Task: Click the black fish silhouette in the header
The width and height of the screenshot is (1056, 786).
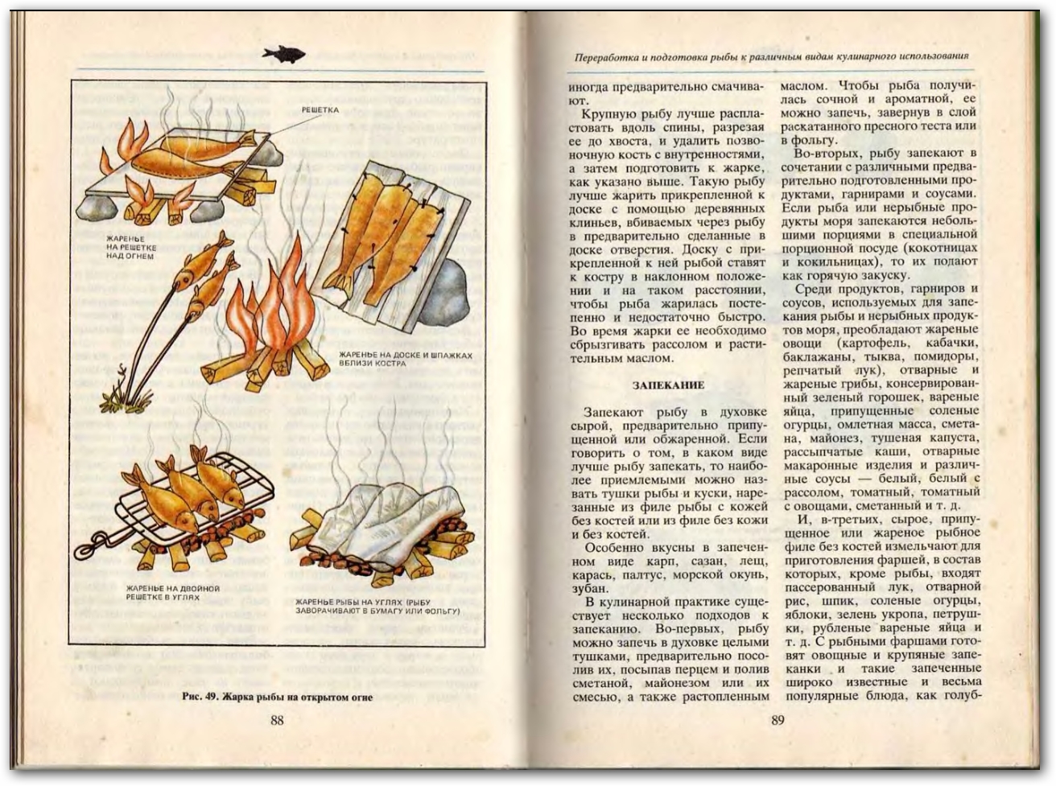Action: pyautogui.click(x=283, y=54)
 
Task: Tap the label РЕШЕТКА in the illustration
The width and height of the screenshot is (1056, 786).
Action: pyautogui.click(x=320, y=110)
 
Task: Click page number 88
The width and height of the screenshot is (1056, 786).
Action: pyautogui.click(x=277, y=720)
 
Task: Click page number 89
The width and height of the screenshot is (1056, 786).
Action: pyautogui.click(x=777, y=720)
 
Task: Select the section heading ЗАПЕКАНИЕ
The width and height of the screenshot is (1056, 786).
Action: pyautogui.click(x=668, y=385)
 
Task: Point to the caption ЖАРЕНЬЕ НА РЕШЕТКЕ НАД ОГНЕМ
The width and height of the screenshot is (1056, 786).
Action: pyautogui.click(x=131, y=247)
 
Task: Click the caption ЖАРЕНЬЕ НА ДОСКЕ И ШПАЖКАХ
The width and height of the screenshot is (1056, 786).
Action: pyautogui.click(x=405, y=355)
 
